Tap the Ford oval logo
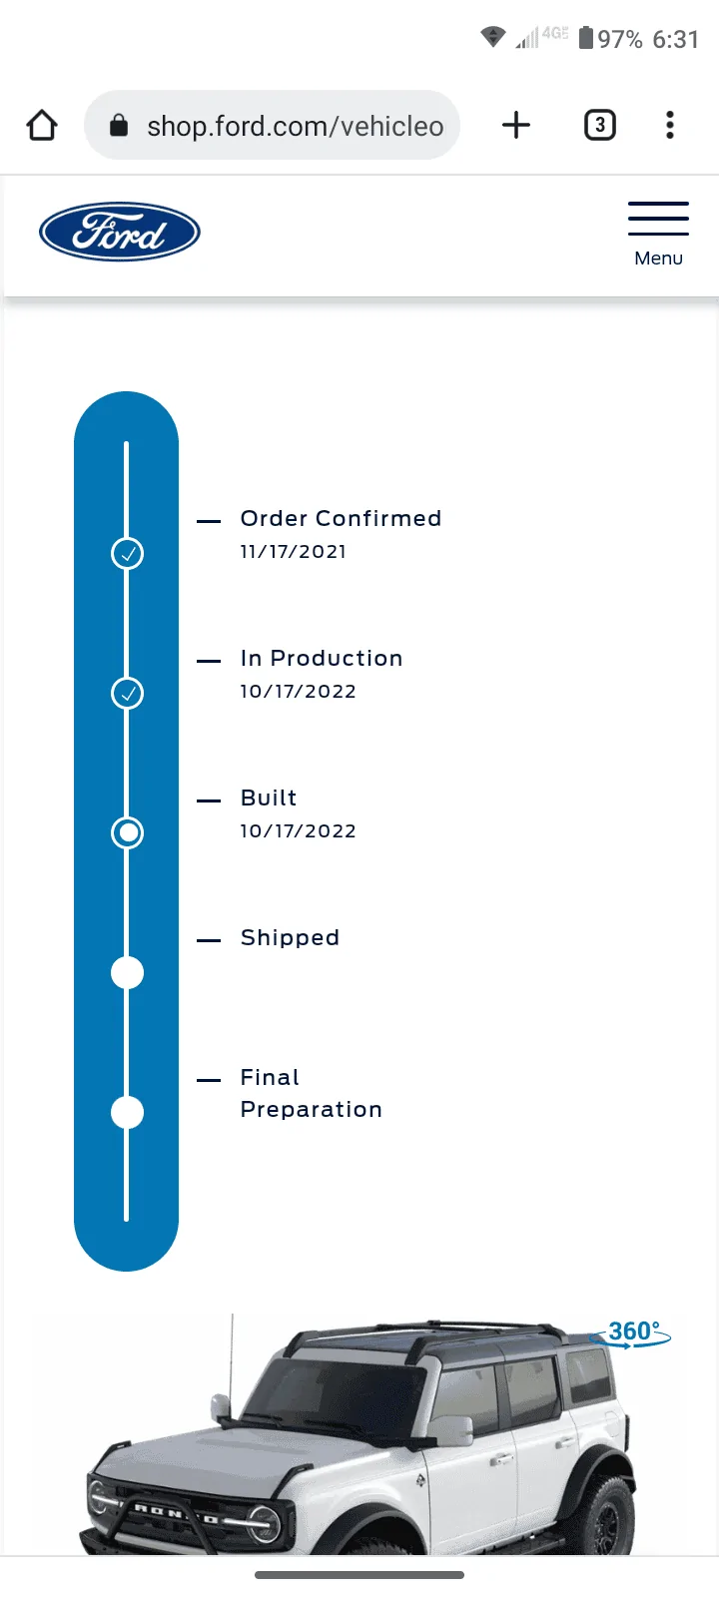tap(120, 232)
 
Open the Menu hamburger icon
tap(658, 219)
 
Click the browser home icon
tap(42, 126)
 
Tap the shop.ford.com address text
tap(296, 126)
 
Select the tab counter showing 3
tap(600, 126)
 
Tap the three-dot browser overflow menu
tap(670, 126)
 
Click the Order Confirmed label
tap(341, 518)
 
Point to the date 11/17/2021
tap(294, 552)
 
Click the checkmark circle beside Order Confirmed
tap(128, 553)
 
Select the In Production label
tap(322, 658)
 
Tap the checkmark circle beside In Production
tap(128, 693)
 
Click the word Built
tap(269, 798)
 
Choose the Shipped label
tap(290, 937)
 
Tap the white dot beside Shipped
tap(128, 972)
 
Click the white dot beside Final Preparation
tap(128, 1112)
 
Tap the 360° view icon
tap(630, 1333)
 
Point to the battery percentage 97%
tap(620, 39)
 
